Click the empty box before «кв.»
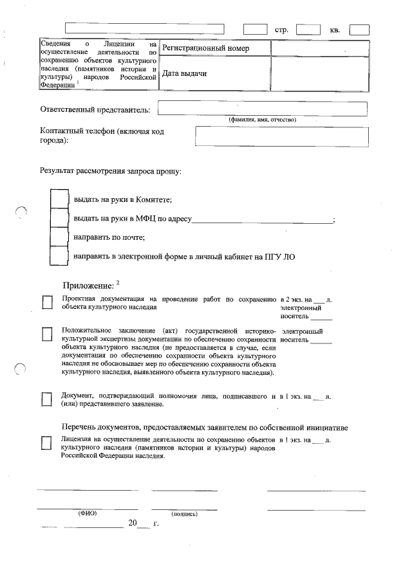308,29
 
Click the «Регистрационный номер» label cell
214,49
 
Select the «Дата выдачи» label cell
214,74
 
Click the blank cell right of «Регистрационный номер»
320,49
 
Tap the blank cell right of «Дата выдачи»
320,74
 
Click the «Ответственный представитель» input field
262,109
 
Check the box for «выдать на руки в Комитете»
59,199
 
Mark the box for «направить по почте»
59,237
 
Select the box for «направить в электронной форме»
59,256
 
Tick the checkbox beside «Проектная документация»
47,302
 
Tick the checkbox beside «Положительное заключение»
47,333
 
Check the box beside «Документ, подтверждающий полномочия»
47,399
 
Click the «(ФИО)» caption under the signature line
87,513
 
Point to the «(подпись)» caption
184,514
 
